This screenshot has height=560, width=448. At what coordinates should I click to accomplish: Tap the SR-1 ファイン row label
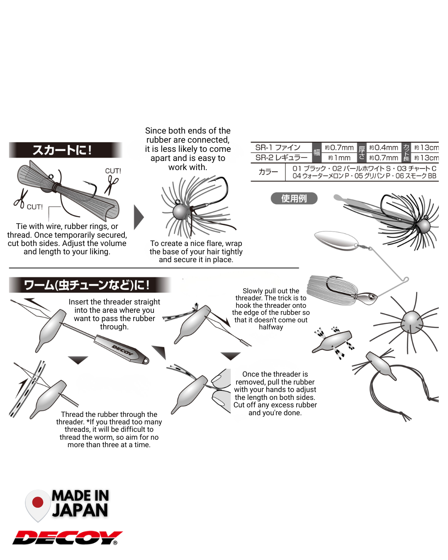point(278,148)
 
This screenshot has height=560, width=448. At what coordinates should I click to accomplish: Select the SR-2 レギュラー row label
point(281,158)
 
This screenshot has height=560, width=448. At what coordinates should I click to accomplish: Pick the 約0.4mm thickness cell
point(384,148)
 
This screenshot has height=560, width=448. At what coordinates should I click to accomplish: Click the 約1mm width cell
point(339,158)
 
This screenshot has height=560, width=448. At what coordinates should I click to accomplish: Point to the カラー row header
point(268,172)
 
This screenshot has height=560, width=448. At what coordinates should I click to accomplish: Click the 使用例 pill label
point(294,199)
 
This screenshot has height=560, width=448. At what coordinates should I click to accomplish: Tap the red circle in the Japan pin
point(38,502)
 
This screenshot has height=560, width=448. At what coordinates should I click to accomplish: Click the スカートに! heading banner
point(66,150)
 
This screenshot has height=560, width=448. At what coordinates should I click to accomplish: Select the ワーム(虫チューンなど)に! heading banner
point(90,285)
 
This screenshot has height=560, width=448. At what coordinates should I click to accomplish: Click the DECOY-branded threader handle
point(122,349)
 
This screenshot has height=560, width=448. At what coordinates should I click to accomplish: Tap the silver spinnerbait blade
point(336,241)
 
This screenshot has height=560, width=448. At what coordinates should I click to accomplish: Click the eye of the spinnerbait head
point(372,297)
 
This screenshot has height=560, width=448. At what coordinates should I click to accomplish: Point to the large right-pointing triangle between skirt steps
point(139,217)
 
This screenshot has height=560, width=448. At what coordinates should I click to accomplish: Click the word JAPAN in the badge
point(80,510)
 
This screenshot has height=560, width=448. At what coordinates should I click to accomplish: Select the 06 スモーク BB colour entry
point(416,176)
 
